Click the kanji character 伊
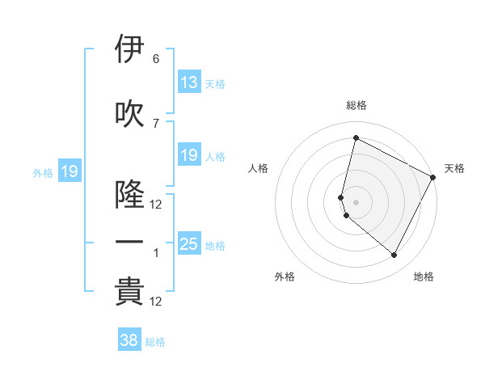point(129,50)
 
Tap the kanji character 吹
point(129,114)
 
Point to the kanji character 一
point(129,243)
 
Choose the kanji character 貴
point(129,292)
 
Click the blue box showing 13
point(189,82)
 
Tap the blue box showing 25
point(189,244)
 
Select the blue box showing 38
point(129,340)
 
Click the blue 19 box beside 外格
point(69,171)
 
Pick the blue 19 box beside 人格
point(189,155)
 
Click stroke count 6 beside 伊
point(156,59)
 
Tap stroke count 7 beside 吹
point(156,123)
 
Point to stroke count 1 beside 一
point(156,253)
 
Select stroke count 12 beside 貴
point(156,302)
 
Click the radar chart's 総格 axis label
point(356,105)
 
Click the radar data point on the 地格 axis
point(394,255)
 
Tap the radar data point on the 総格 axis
point(356,138)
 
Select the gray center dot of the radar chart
point(356,201)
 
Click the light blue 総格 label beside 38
point(155,342)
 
